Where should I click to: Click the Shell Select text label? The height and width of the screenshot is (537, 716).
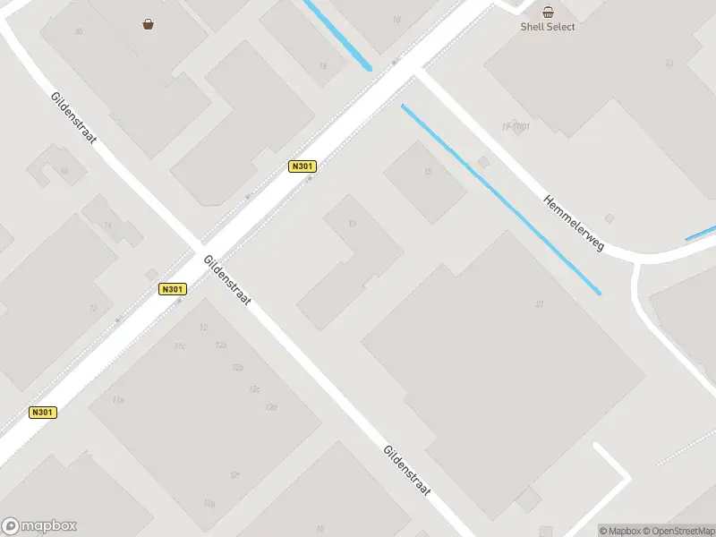pyautogui.click(x=548, y=27)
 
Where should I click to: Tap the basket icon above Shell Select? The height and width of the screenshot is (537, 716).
pyautogui.click(x=548, y=12)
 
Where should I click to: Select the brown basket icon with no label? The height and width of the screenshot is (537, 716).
pyautogui.click(x=148, y=24)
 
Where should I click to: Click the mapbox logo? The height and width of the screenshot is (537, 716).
pyautogui.click(x=39, y=526)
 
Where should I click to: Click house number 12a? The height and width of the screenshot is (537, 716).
pyautogui.click(x=221, y=345)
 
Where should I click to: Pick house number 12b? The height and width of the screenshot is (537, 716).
pyautogui.click(x=237, y=368)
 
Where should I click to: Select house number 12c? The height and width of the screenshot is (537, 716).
pyautogui.click(x=254, y=389)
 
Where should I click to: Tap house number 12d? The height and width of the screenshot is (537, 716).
pyautogui.click(x=270, y=408)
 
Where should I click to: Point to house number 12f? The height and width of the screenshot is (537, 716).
pyautogui.click(x=234, y=474)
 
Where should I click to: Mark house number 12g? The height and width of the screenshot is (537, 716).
pyautogui.click(x=209, y=504)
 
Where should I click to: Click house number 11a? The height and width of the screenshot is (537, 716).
pyautogui.click(x=118, y=399)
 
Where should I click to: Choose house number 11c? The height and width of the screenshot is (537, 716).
pyautogui.click(x=180, y=345)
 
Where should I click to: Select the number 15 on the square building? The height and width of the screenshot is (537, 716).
pyautogui.click(x=428, y=172)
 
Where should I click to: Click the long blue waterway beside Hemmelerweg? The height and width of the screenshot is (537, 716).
pyautogui.click(x=501, y=200)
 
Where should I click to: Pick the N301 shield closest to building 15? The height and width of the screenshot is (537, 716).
pyautogui.click(x=303, y=166)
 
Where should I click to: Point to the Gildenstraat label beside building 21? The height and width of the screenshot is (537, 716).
pyautogui.click(x=407, y=472)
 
